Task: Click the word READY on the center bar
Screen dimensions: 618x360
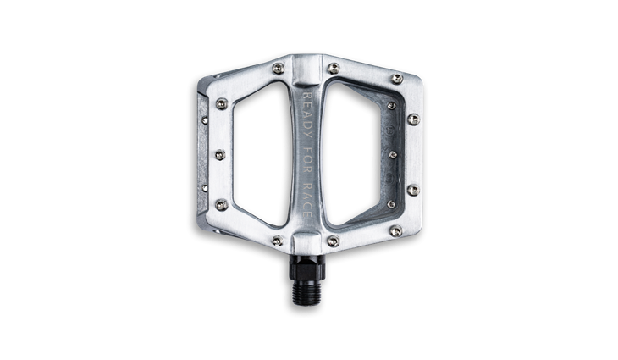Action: pyautogui.click(x=307, y=115)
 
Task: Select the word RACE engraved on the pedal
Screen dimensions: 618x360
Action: pyautogui.click(x=307, y=200)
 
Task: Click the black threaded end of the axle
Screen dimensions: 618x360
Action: pyautogui.click(x=306, y=292)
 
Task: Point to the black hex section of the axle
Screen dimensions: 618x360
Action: pyautogui.click(x=306, y=268)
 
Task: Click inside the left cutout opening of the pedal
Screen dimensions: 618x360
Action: pyautogui.click(x=262, y=154)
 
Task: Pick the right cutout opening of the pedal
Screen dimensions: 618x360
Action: pyautogui.click(x=352, y=154)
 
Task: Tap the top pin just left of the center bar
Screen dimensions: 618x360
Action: pyautogui.click(x=279, y=69)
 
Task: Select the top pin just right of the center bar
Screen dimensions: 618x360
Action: pyautogui.click(x=334, y=69)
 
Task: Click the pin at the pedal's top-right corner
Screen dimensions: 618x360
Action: pyautogui.click(x=397, y=79)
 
